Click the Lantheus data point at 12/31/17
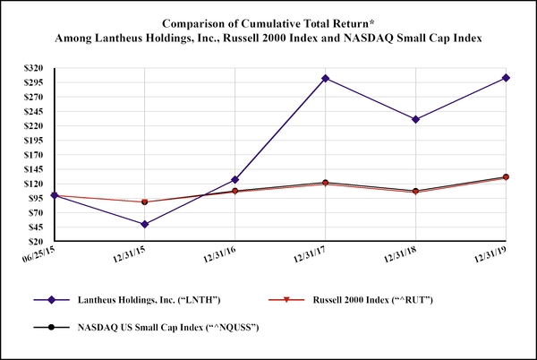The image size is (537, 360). pos(325,79)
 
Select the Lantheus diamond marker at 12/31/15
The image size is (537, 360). pos(145,224)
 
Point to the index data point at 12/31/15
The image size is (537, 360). pos(145,202)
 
